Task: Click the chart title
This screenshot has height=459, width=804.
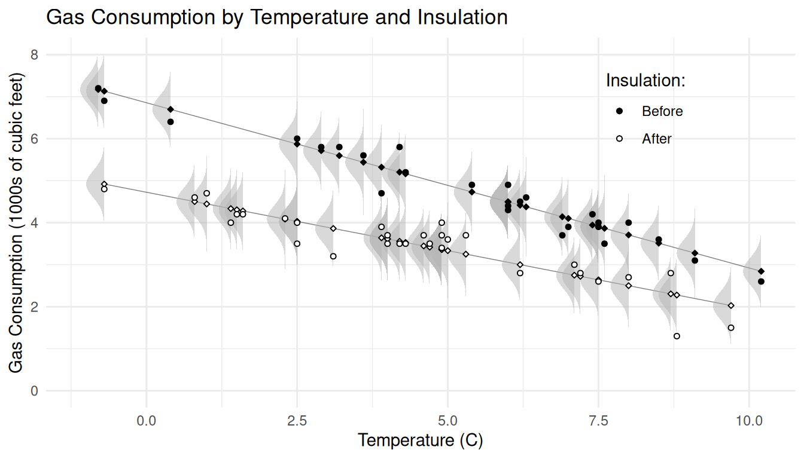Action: (x=277, y=17)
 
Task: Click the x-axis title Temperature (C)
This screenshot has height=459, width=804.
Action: (x=420, y=441)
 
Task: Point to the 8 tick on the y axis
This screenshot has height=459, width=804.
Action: (x=34, y=55)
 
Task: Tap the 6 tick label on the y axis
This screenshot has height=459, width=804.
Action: (x=34, y=139)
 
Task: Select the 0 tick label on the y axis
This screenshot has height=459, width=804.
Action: (x=34, y=391)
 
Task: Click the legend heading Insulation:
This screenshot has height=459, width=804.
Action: (x=645, y=81)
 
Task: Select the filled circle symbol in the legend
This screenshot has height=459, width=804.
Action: (x=620, y=111)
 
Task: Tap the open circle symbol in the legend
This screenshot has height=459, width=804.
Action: (x=620, y=139)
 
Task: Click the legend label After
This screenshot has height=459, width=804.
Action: (x=657, y=139)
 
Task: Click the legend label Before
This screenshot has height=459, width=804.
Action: (x=662, y=111)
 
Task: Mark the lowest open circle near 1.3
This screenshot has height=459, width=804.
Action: (x=677, y=336)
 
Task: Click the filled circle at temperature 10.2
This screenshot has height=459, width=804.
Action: (x=761, y=281)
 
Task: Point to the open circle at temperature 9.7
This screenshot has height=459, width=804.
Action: (x=731, y=328)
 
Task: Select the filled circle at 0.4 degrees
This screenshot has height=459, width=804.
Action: (x=170, y=122)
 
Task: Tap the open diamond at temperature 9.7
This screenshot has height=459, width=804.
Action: (x=731, y=306)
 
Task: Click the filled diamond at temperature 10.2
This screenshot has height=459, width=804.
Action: (x=761, y=271)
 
